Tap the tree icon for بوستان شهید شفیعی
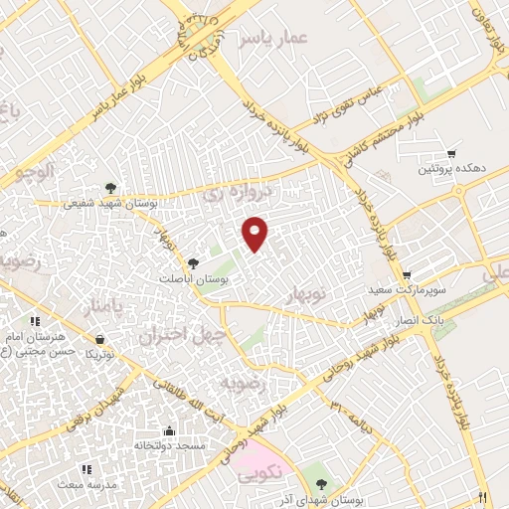[110, 187]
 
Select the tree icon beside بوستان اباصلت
[192, 263]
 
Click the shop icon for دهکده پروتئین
[452, 154]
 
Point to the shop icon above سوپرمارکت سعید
[407, 274]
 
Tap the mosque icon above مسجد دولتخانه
[169, 431]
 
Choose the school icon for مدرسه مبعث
[86, 469]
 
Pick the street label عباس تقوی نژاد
[349, 105]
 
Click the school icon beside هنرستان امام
[35, 322]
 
